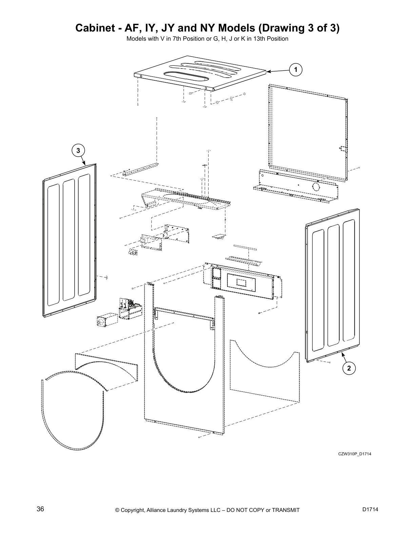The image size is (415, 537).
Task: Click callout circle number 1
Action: [x=296, y=70]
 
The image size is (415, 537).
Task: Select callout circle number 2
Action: [x=349, y=368]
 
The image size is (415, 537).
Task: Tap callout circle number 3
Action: [x=78, y=150]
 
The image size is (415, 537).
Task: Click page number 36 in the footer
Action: [x=40, y=509]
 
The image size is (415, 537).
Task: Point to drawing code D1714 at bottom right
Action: [x=370, y=509]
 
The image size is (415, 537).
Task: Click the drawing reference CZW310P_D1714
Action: [x=354, y=454]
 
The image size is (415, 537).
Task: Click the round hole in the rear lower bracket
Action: [x=315, y=187]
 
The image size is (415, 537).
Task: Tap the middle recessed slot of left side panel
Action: [x=69, y=239]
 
